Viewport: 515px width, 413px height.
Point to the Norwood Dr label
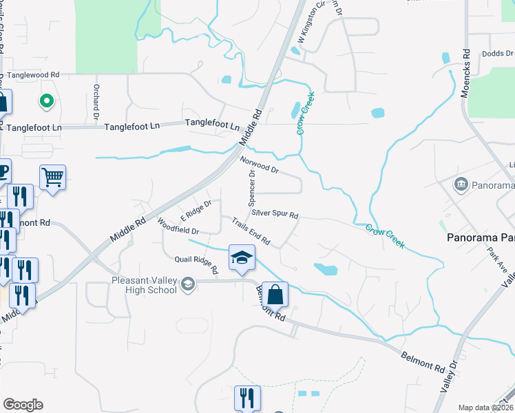click(x=259, y=165)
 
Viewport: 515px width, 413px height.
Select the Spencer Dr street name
click(x=252, y=189)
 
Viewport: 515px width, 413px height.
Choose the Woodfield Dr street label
click(x=178, y=226)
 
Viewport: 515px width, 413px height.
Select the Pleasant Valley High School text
click(x=144, y=285)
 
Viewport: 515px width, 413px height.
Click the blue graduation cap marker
click(x=242, y=257)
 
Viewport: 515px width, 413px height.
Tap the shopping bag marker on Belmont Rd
click(x=275, y=295)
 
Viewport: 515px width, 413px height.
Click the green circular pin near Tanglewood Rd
click(x=47, y=102)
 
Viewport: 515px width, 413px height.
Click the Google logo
click(x=23, y=405)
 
